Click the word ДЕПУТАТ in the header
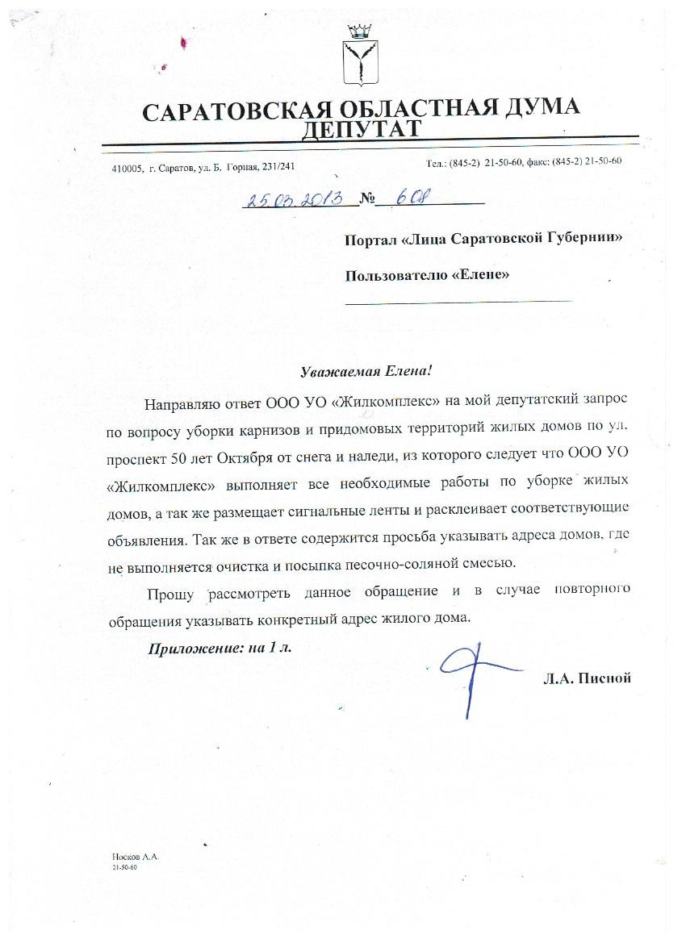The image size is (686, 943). coord(362,129)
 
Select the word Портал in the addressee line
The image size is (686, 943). coord(370,238)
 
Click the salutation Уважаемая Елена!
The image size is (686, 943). coord(366,372)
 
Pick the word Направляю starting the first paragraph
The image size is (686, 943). coord(182,402)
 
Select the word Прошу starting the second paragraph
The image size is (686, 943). coord(170,594)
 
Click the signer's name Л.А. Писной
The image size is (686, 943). coord(587,678)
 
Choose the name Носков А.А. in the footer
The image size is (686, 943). coord(136,857)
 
